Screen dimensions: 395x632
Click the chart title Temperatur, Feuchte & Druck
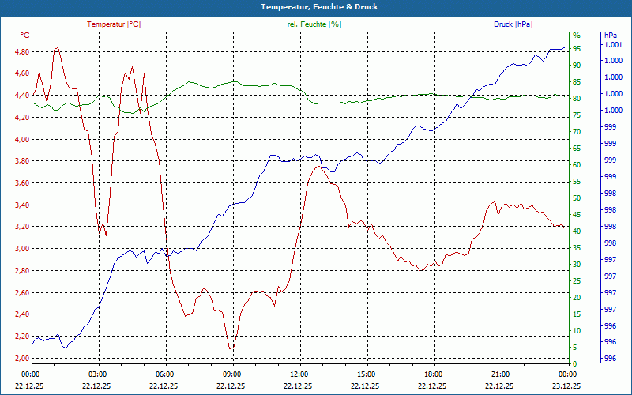click(316, 7)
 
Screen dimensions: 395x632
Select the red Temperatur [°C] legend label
click(114, 24)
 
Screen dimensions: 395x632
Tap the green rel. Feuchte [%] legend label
click(314, 24)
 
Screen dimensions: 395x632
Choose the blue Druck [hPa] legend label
click(513, 24)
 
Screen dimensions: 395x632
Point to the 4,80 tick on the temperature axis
click(17, 52)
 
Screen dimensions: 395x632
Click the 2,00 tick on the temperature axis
click(17, 358)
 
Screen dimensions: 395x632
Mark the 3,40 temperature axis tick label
click(17, 205)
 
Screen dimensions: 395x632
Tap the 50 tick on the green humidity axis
click(577, 198)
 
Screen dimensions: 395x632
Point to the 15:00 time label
click(367, 374)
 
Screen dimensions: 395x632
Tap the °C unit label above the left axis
click(24, 36)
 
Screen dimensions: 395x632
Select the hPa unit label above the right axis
click(610, 36)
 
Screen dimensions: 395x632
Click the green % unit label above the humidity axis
click(577, 36)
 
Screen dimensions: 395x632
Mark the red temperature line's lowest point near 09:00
click(231, 348)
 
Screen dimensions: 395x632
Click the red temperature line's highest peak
click(57, 47)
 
